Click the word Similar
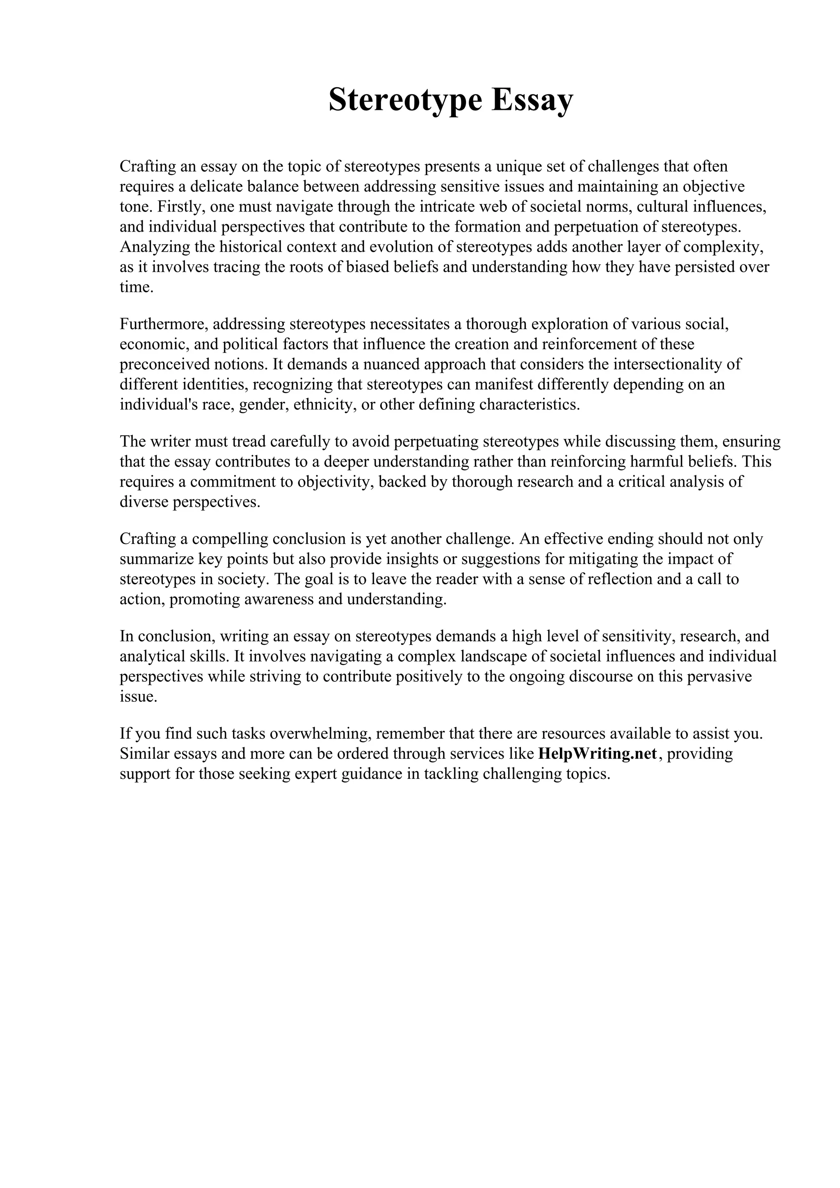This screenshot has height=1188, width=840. pyautogui.click(x=144, y=754)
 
